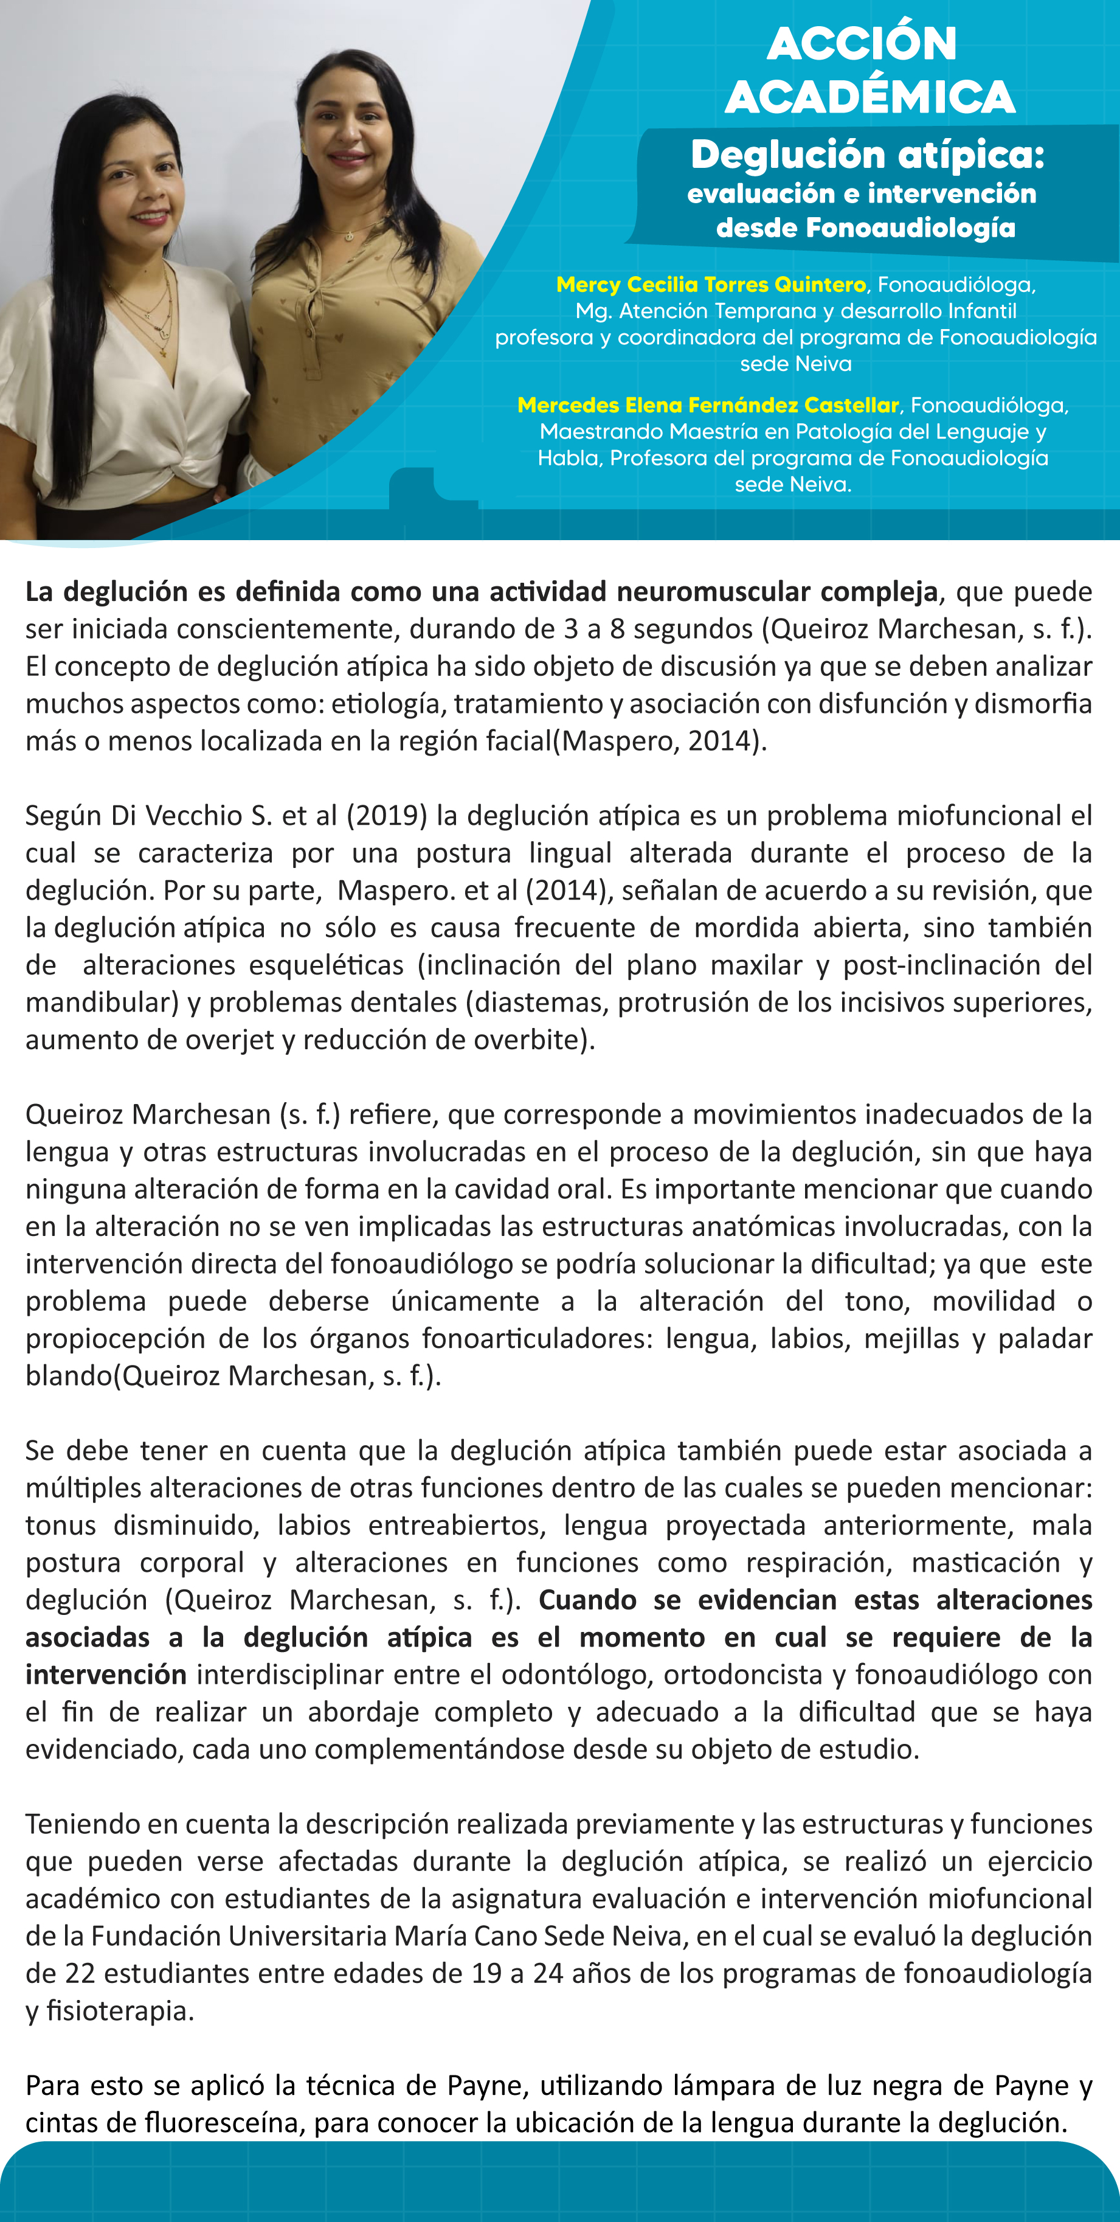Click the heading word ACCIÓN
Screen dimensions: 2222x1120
point(862,43)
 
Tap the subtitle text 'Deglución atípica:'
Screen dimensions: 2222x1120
point(868,155)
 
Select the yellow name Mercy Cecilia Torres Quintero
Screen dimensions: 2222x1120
point(710,285)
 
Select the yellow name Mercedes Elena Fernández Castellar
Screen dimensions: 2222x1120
point(708,406)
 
